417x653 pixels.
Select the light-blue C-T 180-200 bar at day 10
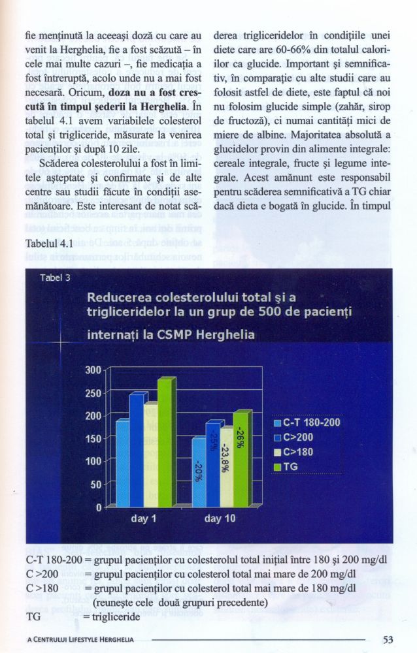pos(199,472)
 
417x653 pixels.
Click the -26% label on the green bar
pos(241,437)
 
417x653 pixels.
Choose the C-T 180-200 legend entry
pos(307,422)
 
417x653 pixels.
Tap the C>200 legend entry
pos(293,438)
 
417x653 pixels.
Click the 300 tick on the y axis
pos(93,370)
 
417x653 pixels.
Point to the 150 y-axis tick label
pos(93,439)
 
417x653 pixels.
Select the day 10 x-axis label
pos(220,518)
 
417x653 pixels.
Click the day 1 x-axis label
pos(143,518)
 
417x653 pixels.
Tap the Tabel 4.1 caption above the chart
pos(49,243)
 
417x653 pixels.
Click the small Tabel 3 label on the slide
pos(56,278)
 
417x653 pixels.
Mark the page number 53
pos(388,639)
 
